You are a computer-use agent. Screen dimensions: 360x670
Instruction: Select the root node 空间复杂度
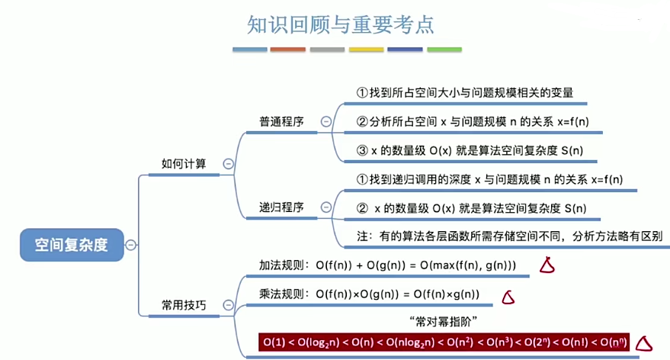(72, 245)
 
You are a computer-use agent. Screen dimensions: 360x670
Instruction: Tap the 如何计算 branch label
(184, 163)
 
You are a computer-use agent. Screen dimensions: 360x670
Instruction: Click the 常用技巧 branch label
(184, 304)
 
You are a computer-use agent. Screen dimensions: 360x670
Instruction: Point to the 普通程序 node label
(281, 121)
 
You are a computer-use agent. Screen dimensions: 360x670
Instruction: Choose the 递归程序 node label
(281, 207)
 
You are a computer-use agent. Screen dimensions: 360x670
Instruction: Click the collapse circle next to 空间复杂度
(131, 245)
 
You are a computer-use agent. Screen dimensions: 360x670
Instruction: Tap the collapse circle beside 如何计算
(228, 163)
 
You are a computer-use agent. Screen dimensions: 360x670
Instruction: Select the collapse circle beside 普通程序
(326, 121)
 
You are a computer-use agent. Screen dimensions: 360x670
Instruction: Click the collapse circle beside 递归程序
(326, 207)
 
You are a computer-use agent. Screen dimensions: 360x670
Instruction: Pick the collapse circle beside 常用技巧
(228, 305)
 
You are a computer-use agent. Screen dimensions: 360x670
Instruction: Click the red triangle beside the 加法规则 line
(546, 265)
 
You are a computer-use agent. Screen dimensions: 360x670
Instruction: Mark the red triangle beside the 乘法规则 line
(508, 297)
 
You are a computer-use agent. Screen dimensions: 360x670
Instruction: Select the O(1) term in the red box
(274, 343)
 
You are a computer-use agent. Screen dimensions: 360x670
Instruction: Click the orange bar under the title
(288, 50)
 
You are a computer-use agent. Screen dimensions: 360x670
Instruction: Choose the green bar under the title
(444, 50)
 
